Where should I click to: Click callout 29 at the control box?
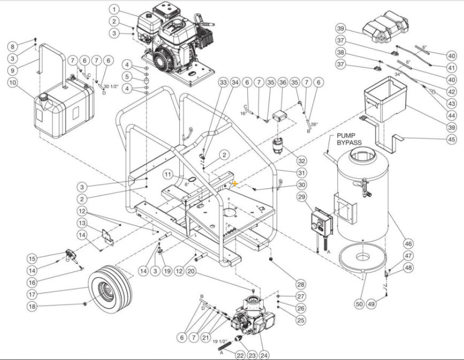pyautogui.click(x=302, y=198)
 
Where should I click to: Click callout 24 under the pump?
pyautogui.click(x=264, y=353)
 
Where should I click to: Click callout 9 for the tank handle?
pyautogui.click(x=13, y=70)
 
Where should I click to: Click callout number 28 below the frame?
pyautogui.click(x=301, y=284)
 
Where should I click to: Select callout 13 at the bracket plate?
pyautogui.click(x=82, y=223)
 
